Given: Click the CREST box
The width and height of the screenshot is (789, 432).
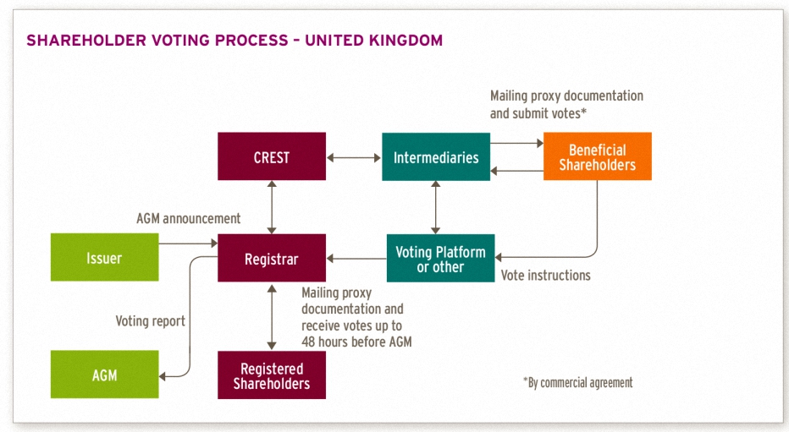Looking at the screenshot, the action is point(272,156).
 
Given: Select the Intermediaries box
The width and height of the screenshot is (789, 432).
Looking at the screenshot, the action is point(436,156).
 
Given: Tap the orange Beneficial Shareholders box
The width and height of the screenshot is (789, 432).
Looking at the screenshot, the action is point(598,156).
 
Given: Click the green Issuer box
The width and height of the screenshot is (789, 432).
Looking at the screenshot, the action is point(105,257).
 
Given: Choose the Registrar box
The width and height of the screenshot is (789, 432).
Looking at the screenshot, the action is point(272,258).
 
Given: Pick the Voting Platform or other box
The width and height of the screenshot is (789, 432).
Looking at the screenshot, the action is point(440,258).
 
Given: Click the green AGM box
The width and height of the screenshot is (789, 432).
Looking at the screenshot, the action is point(105,375).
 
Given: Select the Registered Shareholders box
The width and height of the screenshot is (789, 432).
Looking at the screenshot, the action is point(272,375).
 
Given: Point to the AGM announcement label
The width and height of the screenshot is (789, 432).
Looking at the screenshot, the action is point(188,218).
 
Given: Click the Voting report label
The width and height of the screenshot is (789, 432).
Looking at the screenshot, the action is point(151,321).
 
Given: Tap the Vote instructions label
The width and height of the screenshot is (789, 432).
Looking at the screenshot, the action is point(545,276).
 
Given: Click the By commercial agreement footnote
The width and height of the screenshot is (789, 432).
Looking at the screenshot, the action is point(577,383).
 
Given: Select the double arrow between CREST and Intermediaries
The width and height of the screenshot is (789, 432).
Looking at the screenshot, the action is point(354,158).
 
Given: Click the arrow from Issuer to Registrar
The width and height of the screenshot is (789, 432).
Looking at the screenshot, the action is point(188,243).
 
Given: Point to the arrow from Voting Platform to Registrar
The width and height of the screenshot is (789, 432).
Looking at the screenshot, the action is point(356,259).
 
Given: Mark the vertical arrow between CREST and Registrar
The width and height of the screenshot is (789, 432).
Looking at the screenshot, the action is point(272,207).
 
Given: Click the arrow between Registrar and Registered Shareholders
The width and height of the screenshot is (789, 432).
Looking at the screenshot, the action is point(272,316).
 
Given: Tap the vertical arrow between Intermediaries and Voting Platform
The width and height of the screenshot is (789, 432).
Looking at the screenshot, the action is point(436,207).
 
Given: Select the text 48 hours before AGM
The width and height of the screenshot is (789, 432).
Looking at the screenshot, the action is point(356,342).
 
